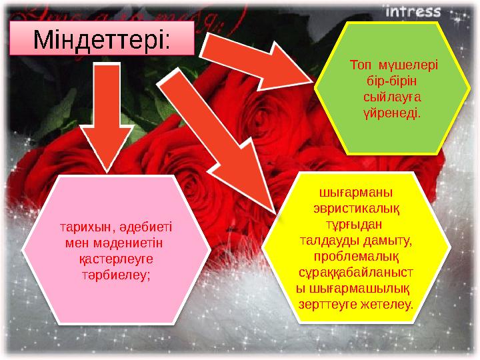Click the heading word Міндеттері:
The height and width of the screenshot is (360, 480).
(x=102, y=39)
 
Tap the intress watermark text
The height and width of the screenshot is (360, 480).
(x=413, y=11)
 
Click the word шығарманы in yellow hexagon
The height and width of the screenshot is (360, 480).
(x=357, y=193)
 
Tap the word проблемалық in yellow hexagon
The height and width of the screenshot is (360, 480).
(x=357, y=256)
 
